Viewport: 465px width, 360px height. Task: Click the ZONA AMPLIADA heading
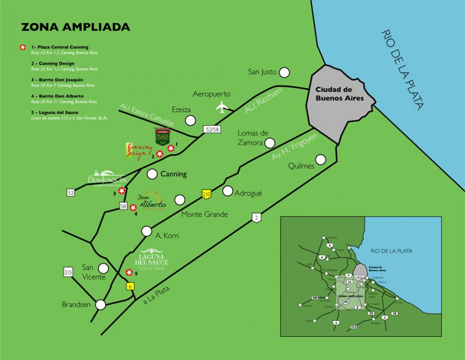pos(75,27)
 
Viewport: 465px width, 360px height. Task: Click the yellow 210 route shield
pos(206,194)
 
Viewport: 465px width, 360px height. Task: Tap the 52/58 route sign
pos(212,129)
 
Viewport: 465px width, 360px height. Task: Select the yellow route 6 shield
pos(130,287)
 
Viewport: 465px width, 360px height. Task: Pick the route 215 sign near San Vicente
pos(68,273)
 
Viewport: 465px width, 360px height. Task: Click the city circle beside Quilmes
pos(321,159)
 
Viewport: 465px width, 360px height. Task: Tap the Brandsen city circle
pos(100,305)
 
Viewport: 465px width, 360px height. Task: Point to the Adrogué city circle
pos(227,191)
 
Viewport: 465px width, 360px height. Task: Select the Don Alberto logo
pos(152,201)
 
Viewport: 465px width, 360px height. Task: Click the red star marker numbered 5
pos(129,272)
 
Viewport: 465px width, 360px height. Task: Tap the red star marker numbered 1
pos(171,148)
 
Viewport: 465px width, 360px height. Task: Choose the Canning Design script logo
pos(139,148)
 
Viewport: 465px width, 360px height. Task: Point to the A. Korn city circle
pos(147,231)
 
